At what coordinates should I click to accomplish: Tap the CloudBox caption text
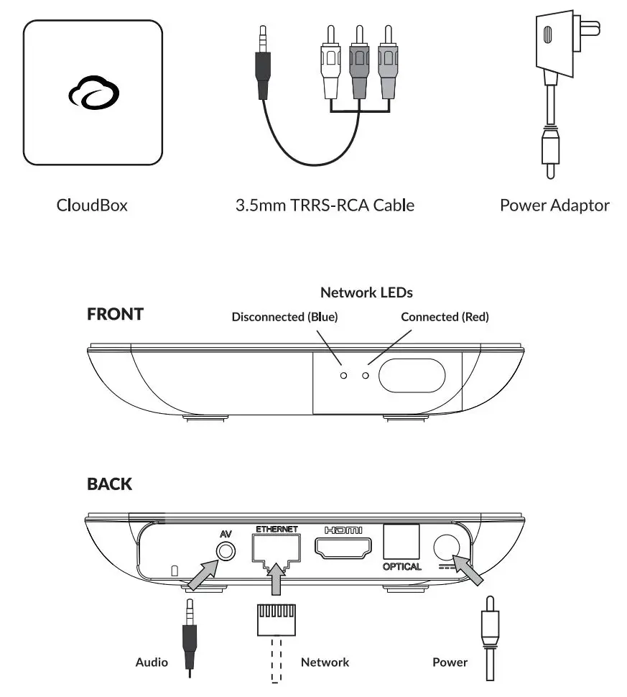tap(92, 206)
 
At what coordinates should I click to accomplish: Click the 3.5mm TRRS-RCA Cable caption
tap(325, 206)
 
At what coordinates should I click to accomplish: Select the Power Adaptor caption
tap(554, 206)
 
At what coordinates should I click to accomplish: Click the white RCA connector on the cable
tap(330, 75)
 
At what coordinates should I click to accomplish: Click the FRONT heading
tap(115, 314)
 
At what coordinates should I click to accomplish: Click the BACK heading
tap(109, 484)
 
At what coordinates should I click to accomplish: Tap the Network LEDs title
tap(366, 292)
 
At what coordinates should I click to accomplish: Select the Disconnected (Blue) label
tap(284, 317)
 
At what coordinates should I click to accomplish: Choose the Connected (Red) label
tap(445, 317)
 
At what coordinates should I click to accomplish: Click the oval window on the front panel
tap(412, 375)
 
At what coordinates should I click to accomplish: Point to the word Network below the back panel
tap(325, 662)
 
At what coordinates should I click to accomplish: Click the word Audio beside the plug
tap(152, 662)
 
